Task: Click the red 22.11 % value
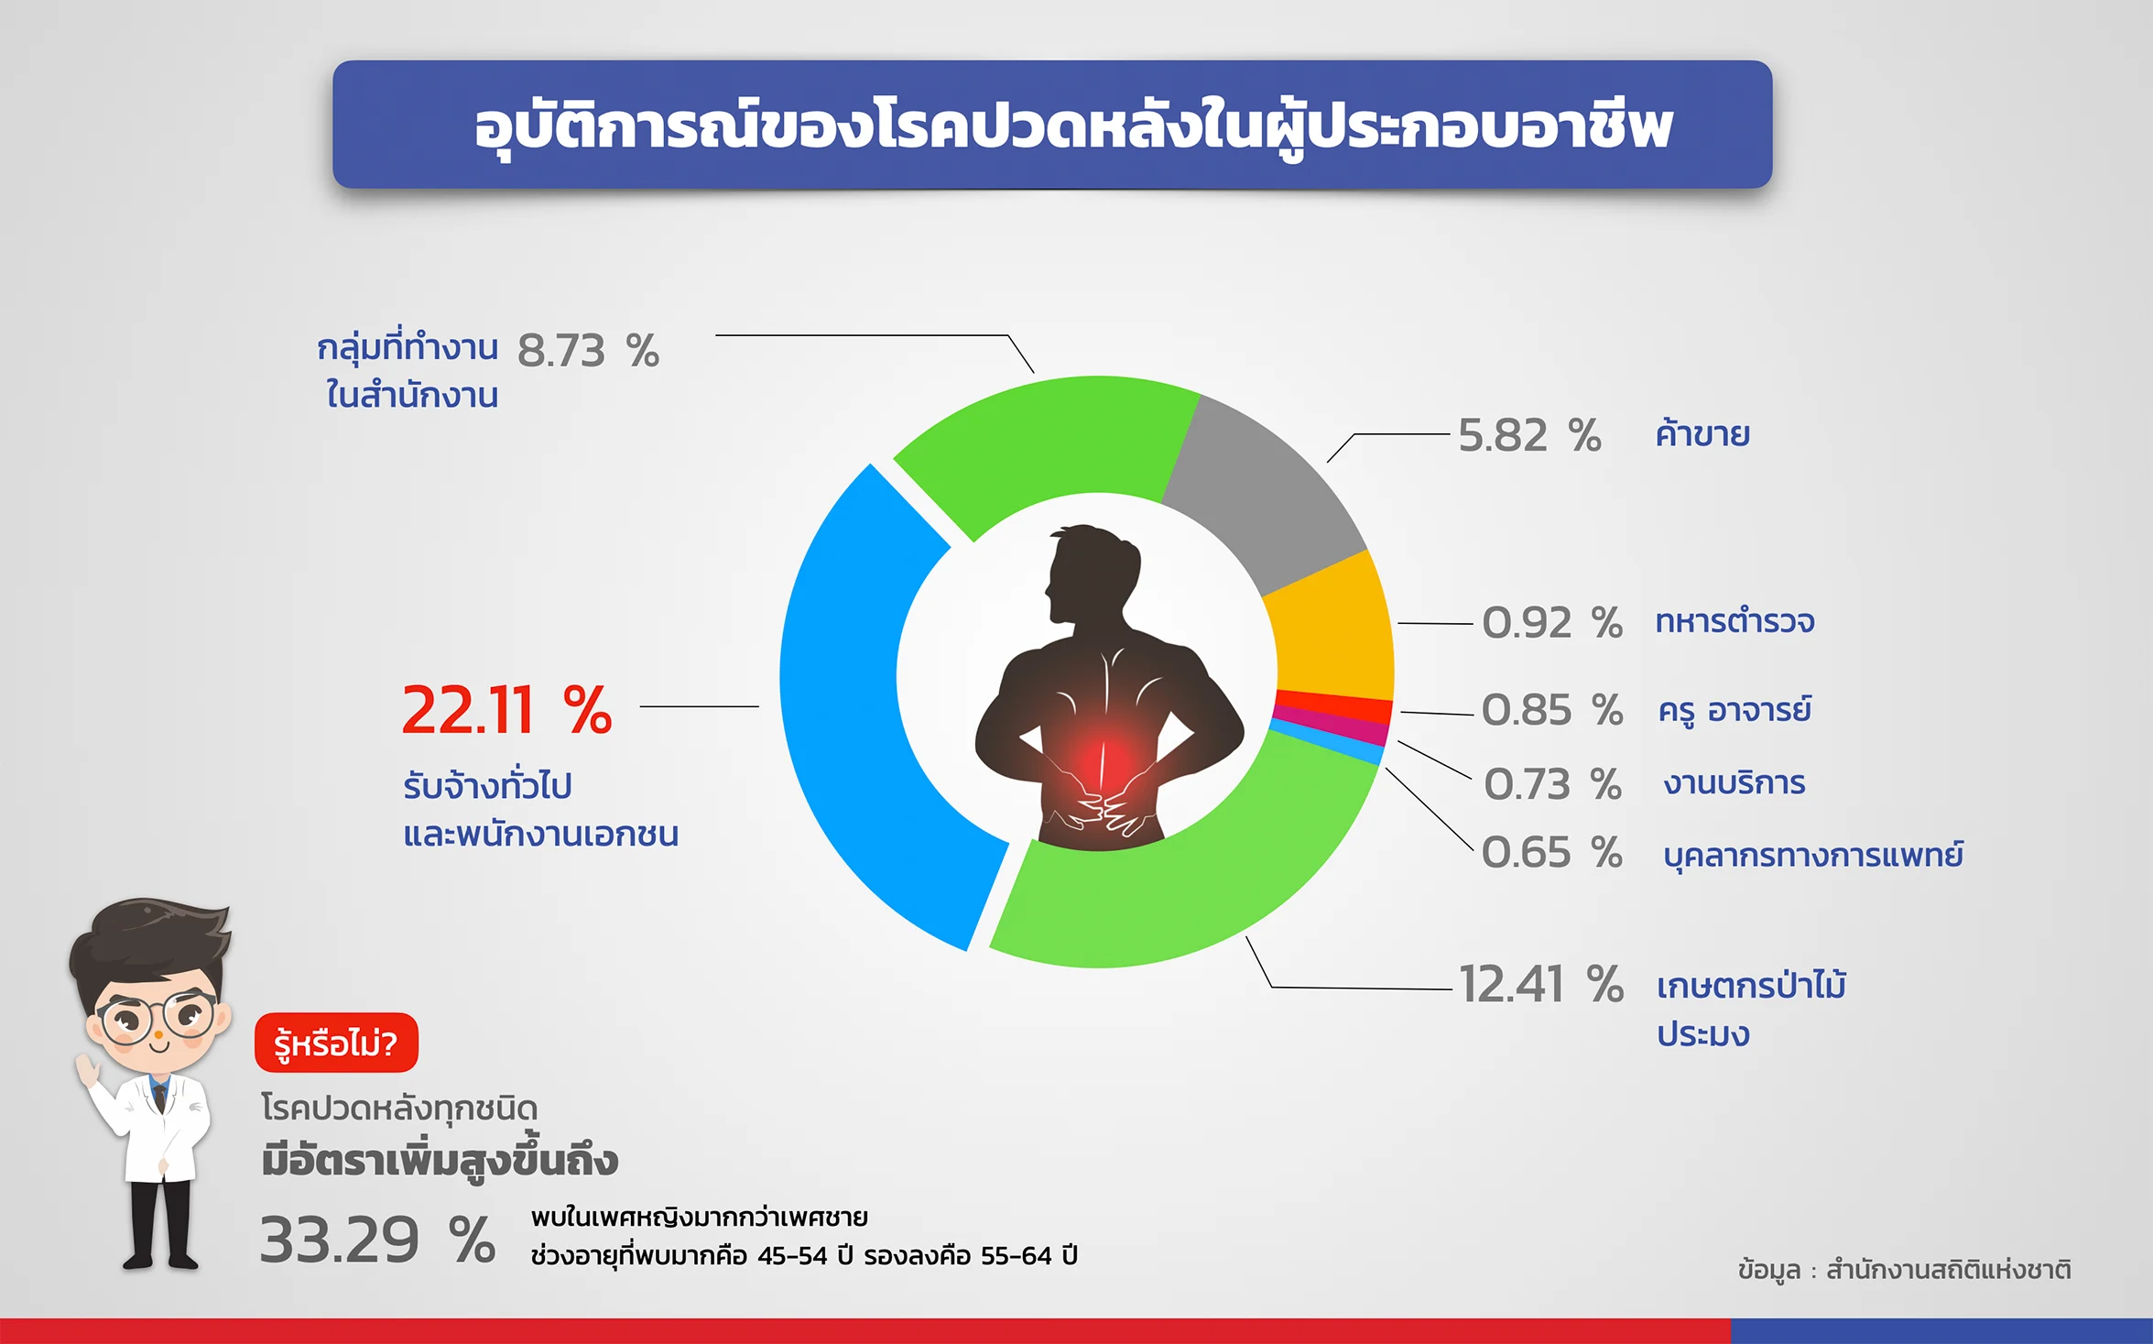[x=506, y=710]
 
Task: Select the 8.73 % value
[x=588, y=351]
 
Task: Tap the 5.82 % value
[x=1529, y=435]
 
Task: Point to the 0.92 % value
[x=1552, y=623]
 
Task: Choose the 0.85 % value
[x=1552, y=710]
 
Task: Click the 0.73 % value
[x=1552, y=784]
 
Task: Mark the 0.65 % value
[x=1552, y=853]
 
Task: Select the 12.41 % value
[x=1541, y=985]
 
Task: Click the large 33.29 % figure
[x=377, y=1240]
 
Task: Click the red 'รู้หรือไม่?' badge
[x=336, y=1043]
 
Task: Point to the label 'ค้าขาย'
[x=1702, y=433]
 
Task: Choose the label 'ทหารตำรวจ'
[x=1734, y=621]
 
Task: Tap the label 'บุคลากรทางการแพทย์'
[x=1813, y=855]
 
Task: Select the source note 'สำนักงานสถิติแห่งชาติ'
[x=1949, y=1270]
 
